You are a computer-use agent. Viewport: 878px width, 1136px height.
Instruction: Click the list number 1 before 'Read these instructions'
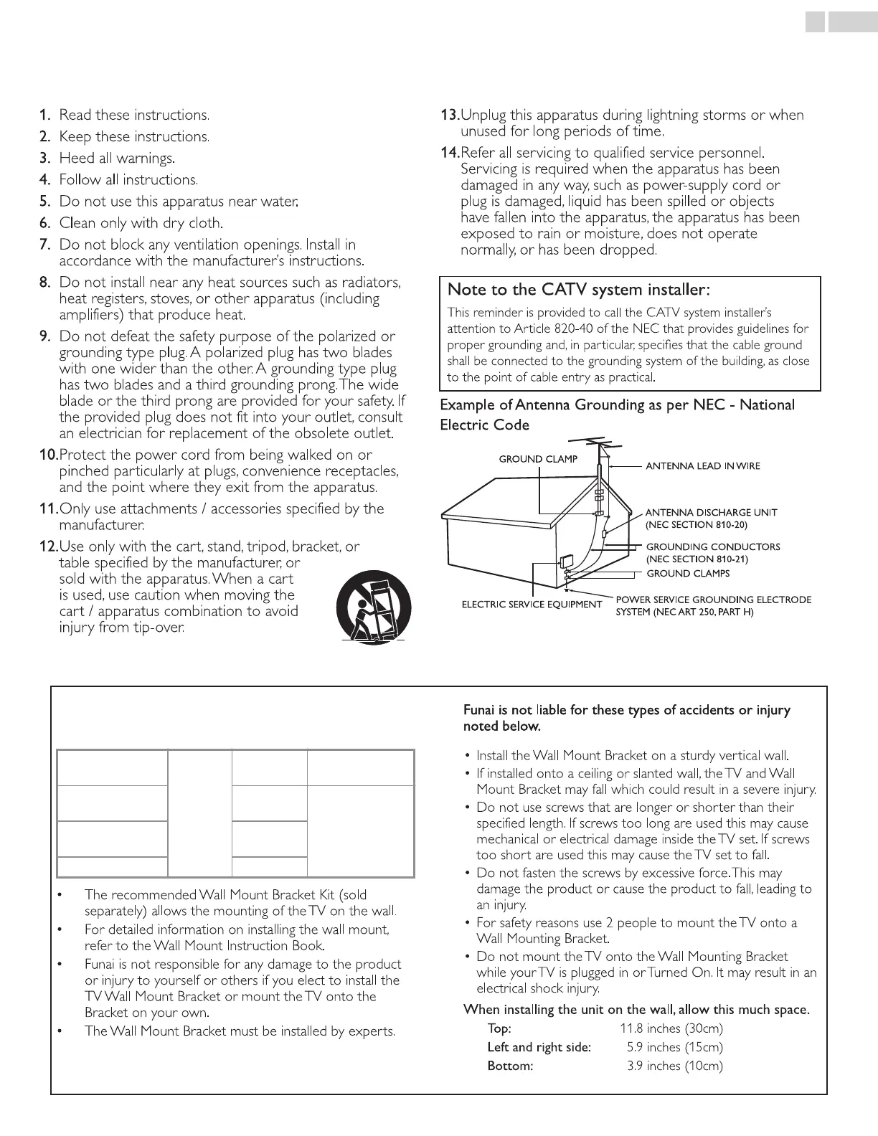tap(44, 115)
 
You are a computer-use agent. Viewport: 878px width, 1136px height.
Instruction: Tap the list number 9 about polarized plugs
tap(44, 336)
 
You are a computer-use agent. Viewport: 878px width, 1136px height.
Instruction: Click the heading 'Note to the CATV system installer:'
tap(579, 290)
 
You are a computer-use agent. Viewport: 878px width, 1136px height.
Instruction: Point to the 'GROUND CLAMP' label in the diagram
tap(538, 459)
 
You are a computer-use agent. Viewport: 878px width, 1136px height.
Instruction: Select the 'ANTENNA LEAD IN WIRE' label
tap(702, 466)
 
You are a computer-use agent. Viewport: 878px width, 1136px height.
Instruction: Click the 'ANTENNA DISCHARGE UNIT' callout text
tap(711, 513)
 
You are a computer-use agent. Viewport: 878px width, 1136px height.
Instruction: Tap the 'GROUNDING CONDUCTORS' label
tap(713, 546)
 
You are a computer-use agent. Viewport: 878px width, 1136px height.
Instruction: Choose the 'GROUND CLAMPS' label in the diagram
tap(688, 574)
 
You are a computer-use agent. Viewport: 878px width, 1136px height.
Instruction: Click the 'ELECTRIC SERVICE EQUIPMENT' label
tap(532, 605)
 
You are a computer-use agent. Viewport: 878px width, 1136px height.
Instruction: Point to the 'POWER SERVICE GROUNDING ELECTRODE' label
tap(714, 600)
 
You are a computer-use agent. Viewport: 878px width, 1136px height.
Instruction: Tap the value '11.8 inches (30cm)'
tap(671, 1028)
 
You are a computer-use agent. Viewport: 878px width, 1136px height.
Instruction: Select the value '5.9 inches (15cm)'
tap(674, 1047)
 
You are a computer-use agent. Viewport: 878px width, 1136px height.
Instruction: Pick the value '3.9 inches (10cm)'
tap(674, 1066)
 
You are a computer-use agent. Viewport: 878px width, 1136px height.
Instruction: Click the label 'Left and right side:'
tap(539, 1047)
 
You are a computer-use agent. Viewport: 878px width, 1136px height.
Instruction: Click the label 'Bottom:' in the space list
tap(510, 1066)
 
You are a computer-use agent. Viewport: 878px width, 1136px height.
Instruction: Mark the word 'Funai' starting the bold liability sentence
tap(479, 711)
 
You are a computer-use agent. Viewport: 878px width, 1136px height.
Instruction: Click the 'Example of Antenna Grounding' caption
tap(617, 405)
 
